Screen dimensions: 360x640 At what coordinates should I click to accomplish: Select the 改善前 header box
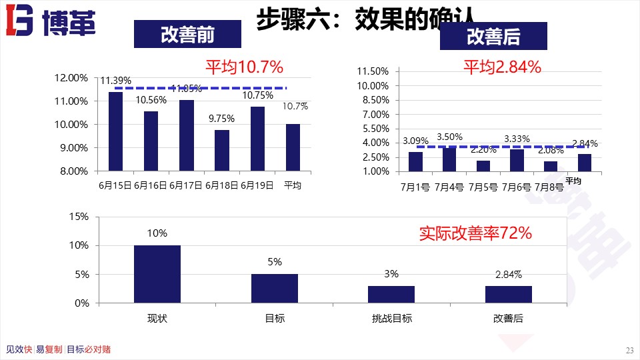tap(187, 34)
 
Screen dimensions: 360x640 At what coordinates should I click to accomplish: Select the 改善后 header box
tap(493, 37)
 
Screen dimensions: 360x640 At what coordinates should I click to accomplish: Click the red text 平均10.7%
tap(244, 67)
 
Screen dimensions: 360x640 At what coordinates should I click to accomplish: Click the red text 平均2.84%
tap(502, 67)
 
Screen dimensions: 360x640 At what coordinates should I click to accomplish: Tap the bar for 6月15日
tap(115, 131)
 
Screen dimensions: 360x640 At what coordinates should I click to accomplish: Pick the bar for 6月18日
tap(222, 150)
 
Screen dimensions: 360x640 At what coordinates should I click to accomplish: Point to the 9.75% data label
tap(222, 119)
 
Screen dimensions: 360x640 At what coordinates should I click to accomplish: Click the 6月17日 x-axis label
tap(186, 185)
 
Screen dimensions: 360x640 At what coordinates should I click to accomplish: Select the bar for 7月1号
tap(415, 161)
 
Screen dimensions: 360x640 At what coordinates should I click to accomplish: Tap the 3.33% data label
tap(517, 139)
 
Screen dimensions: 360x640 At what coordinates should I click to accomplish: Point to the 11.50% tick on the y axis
tap(373, 71)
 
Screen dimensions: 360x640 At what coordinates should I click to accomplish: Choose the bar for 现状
tap(157, 274)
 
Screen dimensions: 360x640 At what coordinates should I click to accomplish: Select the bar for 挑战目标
tap(391, 294)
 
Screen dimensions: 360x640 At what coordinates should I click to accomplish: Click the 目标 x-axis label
tap(275, 319)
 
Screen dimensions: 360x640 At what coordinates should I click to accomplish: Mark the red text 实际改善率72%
tap(475, 233)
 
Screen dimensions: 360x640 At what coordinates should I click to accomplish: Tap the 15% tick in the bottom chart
tap(79, 217)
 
